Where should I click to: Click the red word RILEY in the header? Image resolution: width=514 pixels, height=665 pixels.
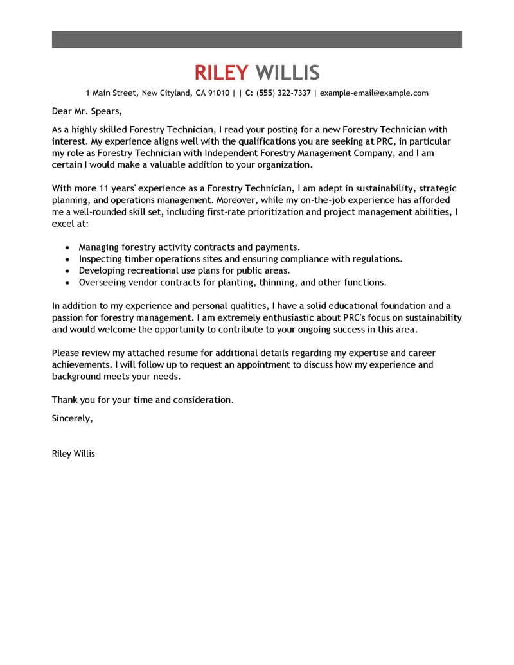tap(222, 73)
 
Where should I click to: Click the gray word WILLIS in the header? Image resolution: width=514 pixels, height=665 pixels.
tap(287, 73)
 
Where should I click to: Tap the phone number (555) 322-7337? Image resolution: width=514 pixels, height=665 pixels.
tap(283, 93)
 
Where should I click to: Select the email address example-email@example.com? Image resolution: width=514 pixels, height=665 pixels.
tap(374, 93)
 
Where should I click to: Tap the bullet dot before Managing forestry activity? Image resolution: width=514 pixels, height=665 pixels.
tap(68, 247)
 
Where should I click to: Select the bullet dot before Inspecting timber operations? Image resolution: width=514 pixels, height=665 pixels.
tap(68, 259)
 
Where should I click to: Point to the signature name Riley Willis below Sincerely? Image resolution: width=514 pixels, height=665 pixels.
tap(73, 454)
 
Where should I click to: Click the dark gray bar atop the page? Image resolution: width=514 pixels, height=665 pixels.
tap(256, 39)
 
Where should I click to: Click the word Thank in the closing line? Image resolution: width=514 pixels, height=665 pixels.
tap(65, 400)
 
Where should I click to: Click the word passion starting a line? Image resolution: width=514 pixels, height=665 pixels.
tap(69, 318)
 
